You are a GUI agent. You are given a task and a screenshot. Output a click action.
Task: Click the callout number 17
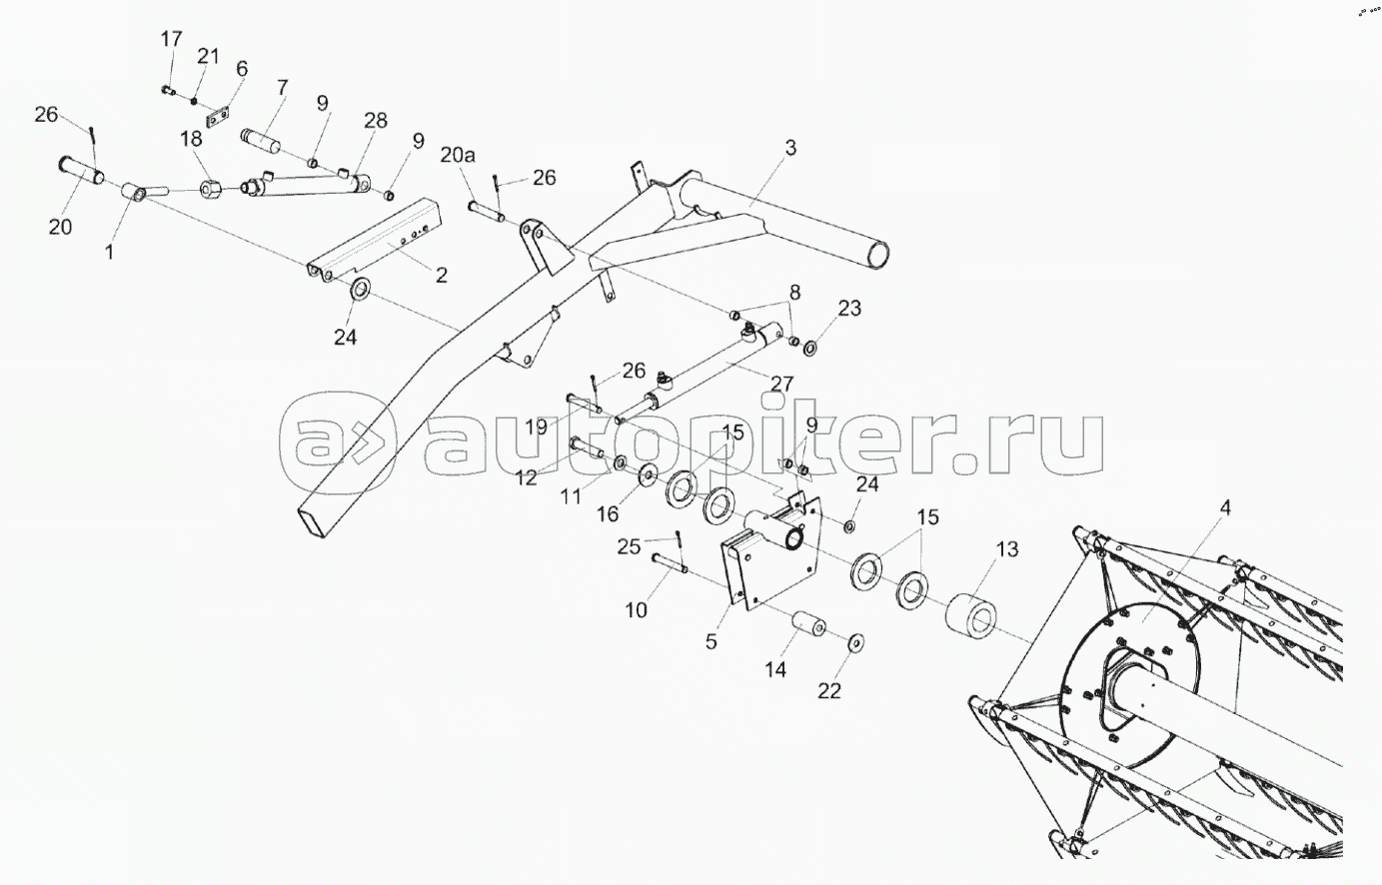(x=171, y=39)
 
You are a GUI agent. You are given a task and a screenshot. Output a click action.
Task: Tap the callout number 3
(x=789, y=149)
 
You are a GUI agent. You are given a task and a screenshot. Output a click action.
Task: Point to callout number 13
(x=1006, y=548)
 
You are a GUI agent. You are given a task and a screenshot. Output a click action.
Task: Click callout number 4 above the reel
(x=1225, y=507)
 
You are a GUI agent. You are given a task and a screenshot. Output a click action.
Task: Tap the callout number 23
(x=848, y=309)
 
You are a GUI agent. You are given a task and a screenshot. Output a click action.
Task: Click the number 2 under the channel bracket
(x=441, y=275)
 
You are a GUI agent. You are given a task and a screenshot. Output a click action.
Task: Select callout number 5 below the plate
(x=711, y=641)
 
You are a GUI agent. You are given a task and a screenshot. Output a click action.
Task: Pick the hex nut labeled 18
(x=212, y=187)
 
